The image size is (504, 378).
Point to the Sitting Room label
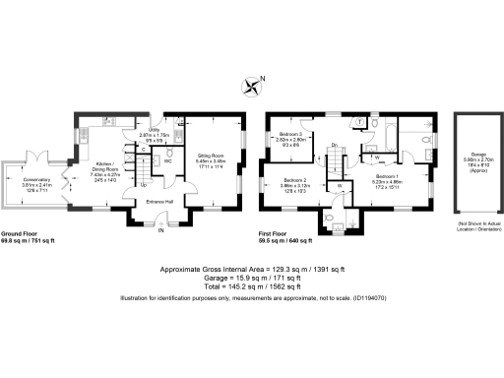click(213, 155)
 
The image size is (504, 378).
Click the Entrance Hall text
click(161, 202)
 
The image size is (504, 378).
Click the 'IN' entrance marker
click(163, 231)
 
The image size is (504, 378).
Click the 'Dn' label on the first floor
click(335, 146)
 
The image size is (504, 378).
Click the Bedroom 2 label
click(296, 183)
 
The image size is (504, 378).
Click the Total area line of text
click(251, 286)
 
